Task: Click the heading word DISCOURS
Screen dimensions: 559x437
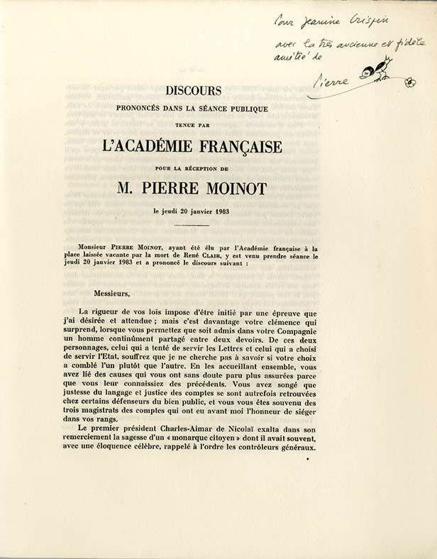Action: pos(194,91)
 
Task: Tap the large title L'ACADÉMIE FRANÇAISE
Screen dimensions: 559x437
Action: pos(193,147)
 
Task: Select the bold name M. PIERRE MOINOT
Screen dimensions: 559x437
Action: pos(193,188)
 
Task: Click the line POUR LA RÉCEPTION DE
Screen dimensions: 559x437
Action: pos(193,167)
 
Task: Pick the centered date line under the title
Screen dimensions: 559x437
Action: pos(193,211)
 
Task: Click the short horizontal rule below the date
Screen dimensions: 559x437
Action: pos(192,226)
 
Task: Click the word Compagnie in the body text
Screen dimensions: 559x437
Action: pos(291,333)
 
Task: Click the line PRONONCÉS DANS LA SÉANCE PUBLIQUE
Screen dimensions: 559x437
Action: pos(193,109)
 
